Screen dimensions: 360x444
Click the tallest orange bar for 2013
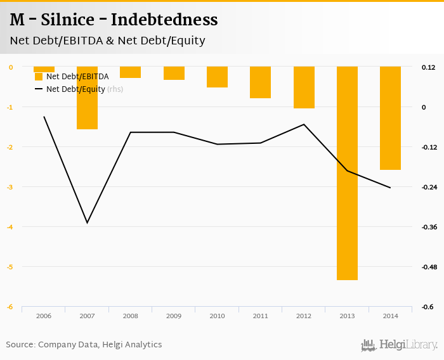(347, 173)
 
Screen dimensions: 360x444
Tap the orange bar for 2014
(390, 118)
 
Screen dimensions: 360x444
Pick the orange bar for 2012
(304, 87)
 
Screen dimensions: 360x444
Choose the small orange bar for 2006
(44, 69)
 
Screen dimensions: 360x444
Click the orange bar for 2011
(260, 82)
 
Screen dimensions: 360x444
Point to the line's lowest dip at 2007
(87, 222)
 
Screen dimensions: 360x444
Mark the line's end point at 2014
(390, 188)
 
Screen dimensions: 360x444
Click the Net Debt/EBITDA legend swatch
(39, 77)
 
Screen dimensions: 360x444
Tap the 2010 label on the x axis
(217, 316)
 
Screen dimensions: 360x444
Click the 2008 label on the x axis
(130, 316)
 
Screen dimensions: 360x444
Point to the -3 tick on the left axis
(10, 187)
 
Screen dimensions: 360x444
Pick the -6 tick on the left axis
(10, 307)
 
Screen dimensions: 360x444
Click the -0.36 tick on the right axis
(429, 227)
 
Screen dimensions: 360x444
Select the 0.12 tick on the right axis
(429, 67)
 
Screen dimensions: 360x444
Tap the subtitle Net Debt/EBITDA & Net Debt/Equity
(107, 41)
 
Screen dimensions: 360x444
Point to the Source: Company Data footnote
(84, 345)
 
